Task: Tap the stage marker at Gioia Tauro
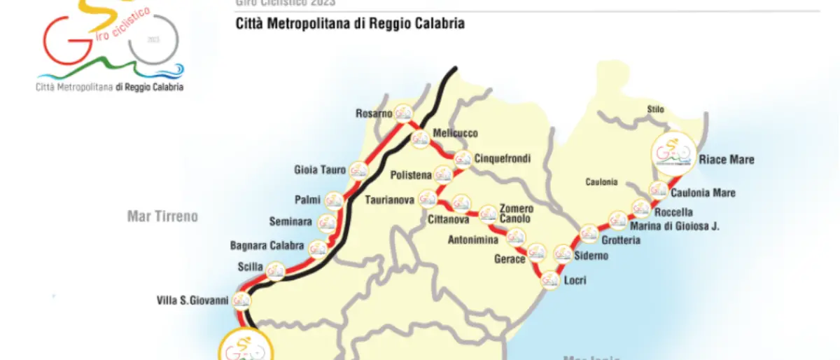(x=358, y=169)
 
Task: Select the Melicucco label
(x=454, y=132)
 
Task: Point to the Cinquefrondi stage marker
(x=462, y=160)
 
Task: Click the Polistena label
(x=411, y=173)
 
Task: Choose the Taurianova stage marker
(x=427, y=200)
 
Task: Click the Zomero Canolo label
(x=517, y=214)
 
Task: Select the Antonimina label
(x=474, y=240)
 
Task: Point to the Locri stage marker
(x=550, y=279)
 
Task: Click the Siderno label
(x=591, y=256)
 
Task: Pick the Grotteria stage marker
(x=589, y=233)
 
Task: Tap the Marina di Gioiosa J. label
(x=675, y=226)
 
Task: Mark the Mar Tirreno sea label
(x=162, y=216)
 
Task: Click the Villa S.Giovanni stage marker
(x=242, y=300)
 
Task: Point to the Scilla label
(x=250, y=267)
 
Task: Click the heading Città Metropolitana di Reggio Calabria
(x=350, y=24)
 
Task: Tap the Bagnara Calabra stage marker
(x=318, y=248)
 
